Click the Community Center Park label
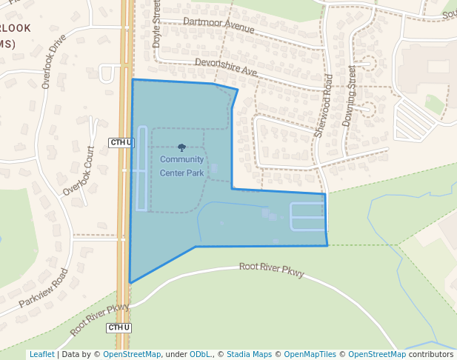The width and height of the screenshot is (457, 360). point(181,166)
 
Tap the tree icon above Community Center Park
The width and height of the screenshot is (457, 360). point(182,148)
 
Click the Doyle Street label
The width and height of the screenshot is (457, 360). point(156,24)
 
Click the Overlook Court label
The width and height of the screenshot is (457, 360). point(79,170)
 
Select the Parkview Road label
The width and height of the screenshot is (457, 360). point(43,288)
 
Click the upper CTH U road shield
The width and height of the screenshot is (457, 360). point(120,142)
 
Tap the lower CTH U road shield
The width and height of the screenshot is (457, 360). point(119,327)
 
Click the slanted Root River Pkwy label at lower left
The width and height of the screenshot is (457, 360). point(99,319)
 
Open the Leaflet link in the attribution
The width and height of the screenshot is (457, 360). point(41,354)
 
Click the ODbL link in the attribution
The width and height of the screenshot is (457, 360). point(200,354)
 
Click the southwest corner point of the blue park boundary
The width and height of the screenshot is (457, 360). point(130,282)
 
